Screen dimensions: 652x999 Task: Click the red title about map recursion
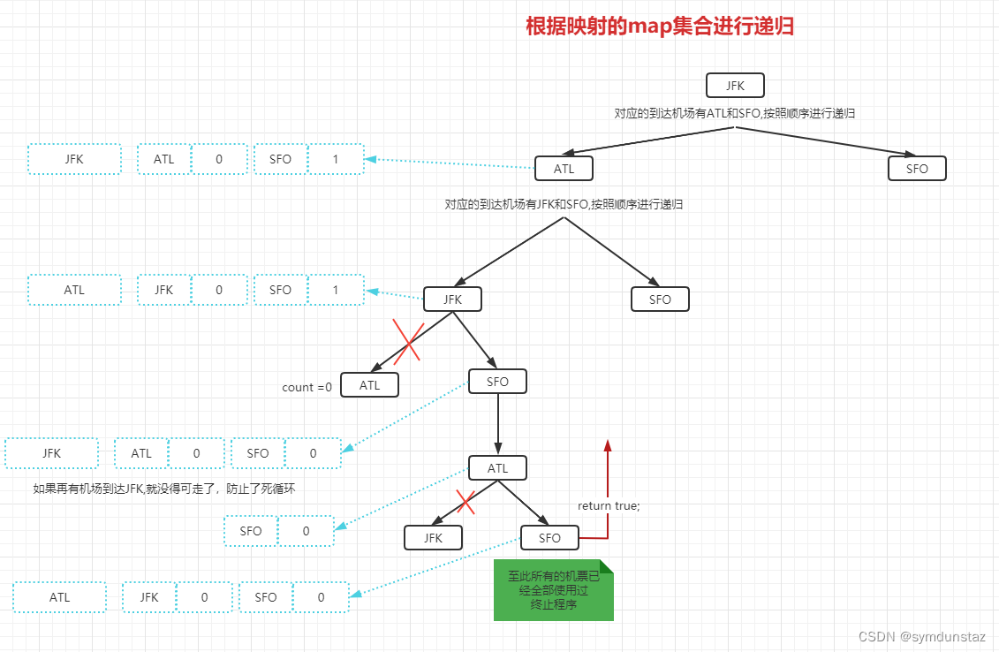coord(660,27)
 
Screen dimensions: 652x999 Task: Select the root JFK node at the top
coord(735,86)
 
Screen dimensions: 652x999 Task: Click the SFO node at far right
coord(917,169)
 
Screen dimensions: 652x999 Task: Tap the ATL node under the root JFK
coord(564,169)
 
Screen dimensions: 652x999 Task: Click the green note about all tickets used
coord(553,589)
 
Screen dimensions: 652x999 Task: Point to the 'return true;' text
coord(609,506)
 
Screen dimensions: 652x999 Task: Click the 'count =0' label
coord(307,387)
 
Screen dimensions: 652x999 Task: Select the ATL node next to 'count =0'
coord(369,385)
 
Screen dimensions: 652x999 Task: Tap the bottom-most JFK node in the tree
coord(433,537)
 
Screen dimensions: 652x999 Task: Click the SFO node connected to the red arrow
coord(549,537)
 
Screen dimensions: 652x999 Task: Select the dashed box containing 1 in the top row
coord(335,160)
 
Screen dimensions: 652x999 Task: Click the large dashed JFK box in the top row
coord(74,160)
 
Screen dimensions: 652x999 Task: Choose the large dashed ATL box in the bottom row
coord(59,597)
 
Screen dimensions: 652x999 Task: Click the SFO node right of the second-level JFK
coord(660,299)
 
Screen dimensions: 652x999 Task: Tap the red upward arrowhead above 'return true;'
coord(608,445)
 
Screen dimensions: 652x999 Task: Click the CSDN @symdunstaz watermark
coord(921,636)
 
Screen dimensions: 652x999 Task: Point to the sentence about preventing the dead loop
coord(163,488)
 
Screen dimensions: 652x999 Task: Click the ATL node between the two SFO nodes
coord(497,468)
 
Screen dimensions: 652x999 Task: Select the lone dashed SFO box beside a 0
coord(251,531)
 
